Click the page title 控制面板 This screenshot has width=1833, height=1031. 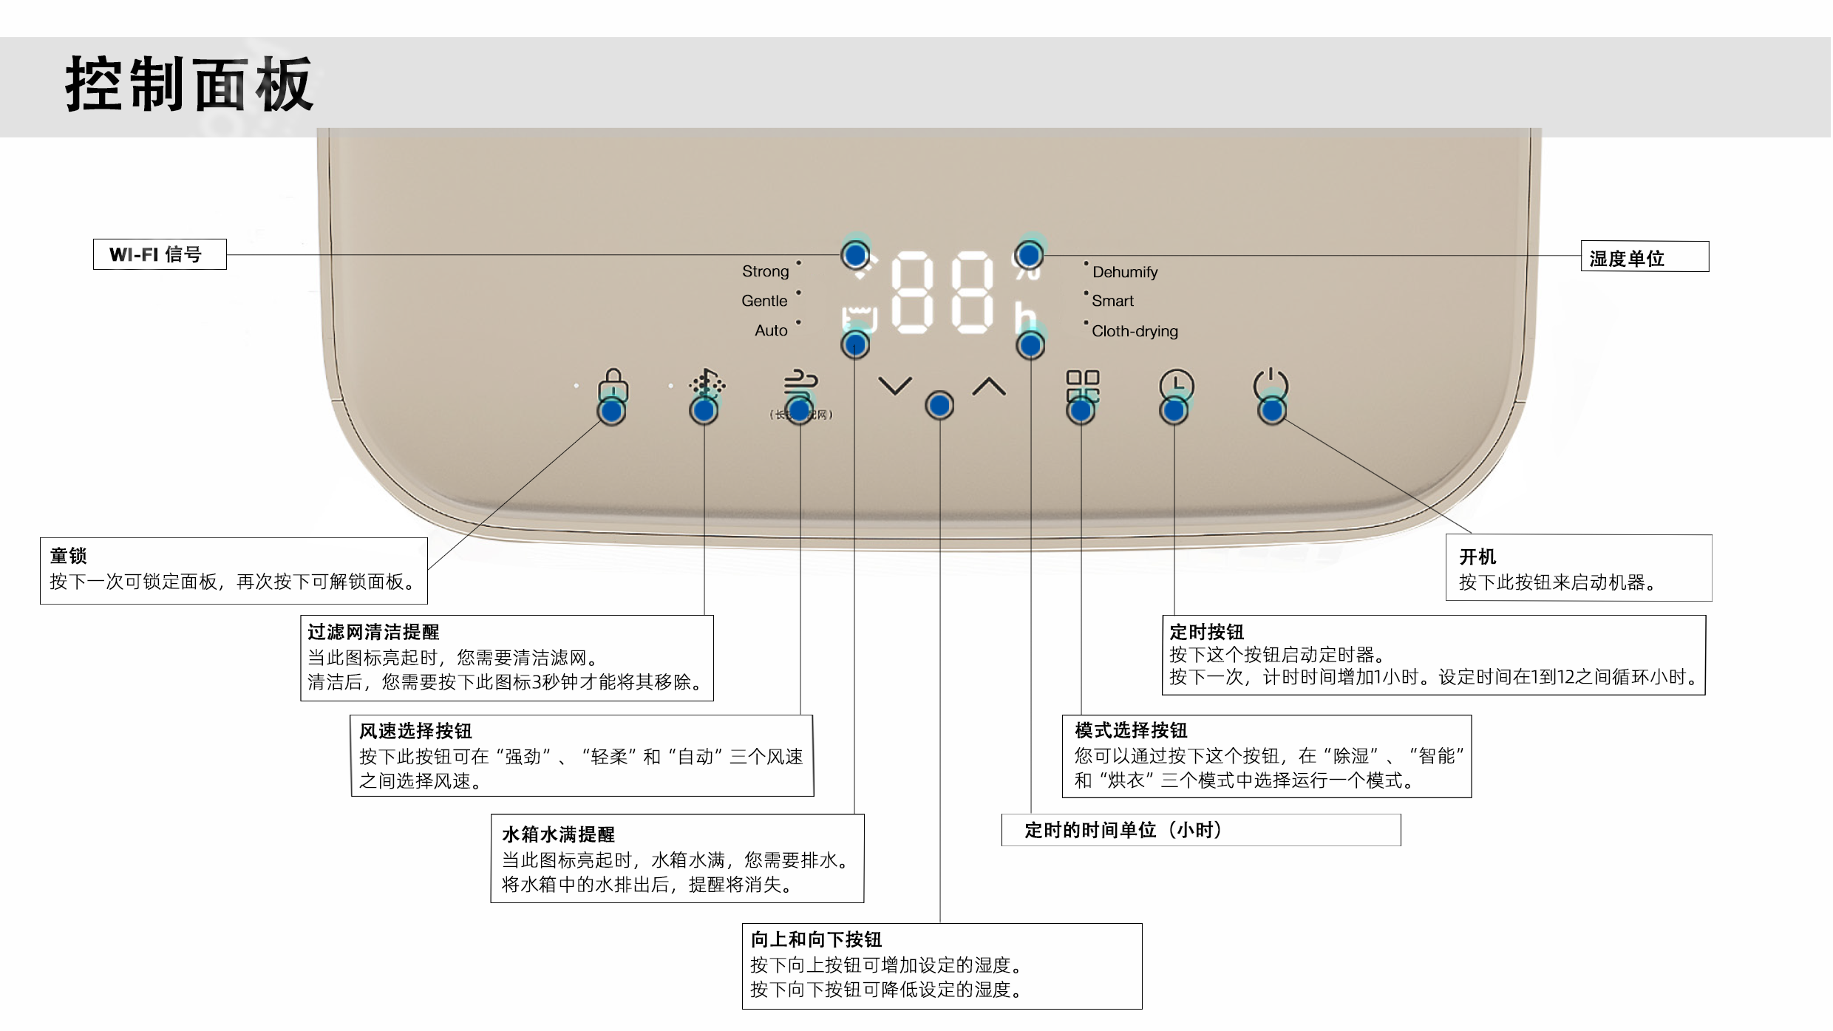click(189, 84)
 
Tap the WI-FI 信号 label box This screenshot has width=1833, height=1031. click(160, 254)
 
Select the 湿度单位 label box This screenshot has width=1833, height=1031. click(1644, 257)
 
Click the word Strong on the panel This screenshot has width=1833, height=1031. click(765, 271)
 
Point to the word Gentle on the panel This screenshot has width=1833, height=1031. click(764, 301)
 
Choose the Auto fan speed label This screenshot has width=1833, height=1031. click(771, 330)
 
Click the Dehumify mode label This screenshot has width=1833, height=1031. click(1124, 272)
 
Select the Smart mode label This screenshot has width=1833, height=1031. click(1112, 301)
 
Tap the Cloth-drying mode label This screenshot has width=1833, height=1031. click(1135, 331)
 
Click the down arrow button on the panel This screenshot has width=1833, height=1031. click(894, 386)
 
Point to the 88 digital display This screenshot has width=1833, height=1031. click(942, 292)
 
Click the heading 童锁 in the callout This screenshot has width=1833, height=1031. click(68, 556)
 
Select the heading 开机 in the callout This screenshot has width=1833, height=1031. click(1477, 557)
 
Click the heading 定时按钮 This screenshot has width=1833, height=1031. click(1206, 632)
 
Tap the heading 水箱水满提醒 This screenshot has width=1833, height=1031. click(558, 834)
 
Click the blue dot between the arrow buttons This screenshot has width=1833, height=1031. click(939, 406)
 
